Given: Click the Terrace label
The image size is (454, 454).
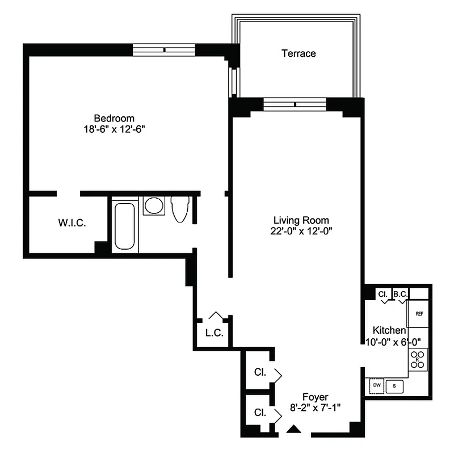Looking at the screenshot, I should [299, 53].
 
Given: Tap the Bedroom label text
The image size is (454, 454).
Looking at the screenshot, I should [114, 118].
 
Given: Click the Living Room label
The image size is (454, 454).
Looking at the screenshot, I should [301, 220].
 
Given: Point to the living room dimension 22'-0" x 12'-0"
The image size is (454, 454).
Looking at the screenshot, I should [301, 231].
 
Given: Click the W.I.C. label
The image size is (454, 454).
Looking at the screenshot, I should [72, 223].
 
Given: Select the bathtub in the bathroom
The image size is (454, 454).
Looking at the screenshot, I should [124, 226].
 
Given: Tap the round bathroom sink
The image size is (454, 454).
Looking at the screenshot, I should [153, 205].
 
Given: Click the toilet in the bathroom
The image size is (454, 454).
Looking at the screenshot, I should [180, 208].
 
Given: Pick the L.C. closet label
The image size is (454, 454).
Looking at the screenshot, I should [213, 333].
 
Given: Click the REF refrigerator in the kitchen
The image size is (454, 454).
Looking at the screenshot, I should [419, 314].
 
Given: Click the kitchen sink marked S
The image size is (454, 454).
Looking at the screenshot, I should [394, 386].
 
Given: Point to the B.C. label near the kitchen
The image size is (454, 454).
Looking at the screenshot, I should [401, 294].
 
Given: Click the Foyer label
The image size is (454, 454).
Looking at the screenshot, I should [315, 397].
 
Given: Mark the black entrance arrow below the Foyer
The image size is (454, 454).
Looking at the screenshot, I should [293, 430].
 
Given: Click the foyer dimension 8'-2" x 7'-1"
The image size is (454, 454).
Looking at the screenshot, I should [315, 407].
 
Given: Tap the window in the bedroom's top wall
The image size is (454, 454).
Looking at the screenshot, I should [164, 50].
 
